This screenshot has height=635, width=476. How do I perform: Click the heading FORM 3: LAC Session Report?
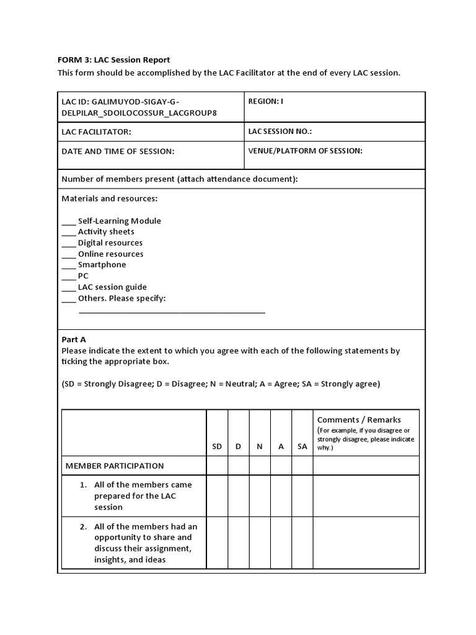coord(113,60)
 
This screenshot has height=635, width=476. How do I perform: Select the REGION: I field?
coord(265,101)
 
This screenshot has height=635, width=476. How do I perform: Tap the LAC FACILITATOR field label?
coord(96,132)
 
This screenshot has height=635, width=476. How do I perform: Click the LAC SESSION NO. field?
coord(280,131)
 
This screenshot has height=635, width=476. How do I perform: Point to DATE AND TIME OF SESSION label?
coord(118,151)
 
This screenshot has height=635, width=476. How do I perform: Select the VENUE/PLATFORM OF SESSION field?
coord(305,150)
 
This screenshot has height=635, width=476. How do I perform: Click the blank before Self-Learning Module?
coord(68,221)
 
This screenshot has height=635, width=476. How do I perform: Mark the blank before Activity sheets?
coord(68,233)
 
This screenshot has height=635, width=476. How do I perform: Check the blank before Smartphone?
coord(68,265)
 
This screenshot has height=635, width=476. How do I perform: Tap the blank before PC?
coord(68,277)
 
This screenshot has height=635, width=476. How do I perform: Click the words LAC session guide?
coord(112,287)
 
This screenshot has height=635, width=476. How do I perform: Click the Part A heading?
coord(74,339)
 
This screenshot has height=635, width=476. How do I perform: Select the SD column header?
coord(217,446)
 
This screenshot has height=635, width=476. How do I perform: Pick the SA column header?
coord(302,446)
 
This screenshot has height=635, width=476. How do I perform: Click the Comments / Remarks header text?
coord(359,420)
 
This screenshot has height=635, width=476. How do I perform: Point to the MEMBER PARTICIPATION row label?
coord(115,466)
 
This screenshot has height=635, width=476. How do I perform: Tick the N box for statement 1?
coord(260,495)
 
